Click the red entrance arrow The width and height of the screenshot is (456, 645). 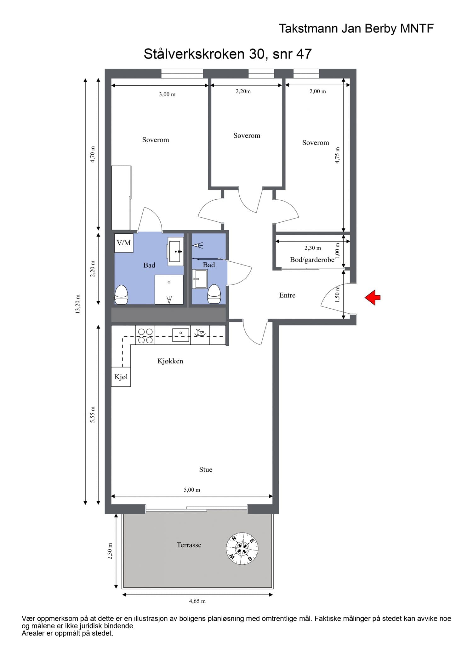coord(373,297)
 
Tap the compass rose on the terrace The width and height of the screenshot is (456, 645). coord(242,549)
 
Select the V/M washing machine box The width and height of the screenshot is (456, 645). coord(124,243)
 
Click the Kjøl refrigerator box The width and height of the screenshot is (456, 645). coord(121,377)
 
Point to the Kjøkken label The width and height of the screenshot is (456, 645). coord(170,361)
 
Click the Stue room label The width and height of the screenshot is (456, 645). coord(206,469)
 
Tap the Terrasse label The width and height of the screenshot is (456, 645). coord(189,545)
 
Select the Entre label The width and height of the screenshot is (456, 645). coord(287,295)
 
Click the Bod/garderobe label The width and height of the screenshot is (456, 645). coord(312,260)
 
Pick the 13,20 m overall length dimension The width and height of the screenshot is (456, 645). coord(77,304)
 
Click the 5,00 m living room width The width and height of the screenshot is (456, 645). coord(192,490)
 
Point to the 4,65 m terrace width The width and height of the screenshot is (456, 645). coord(197,601)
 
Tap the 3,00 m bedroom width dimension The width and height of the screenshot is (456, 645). coord(167,94)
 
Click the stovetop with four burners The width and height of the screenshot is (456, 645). coord(145,336)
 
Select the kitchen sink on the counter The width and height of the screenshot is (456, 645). coord(180,335)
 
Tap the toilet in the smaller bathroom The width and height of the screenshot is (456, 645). coord(214,294)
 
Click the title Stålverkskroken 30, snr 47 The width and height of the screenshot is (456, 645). coord(228,54)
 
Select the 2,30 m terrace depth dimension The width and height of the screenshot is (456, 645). coord(110,551)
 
